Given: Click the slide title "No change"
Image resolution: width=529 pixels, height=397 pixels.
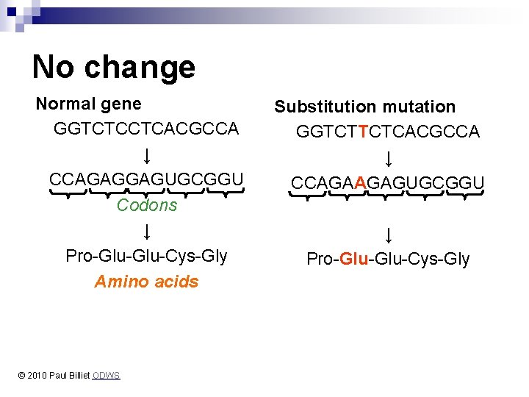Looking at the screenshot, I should coord(113,67).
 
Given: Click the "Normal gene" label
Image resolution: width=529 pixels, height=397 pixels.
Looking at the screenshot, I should coord(89,104).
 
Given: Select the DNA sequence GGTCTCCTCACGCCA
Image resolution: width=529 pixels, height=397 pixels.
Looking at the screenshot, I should coord(146,129).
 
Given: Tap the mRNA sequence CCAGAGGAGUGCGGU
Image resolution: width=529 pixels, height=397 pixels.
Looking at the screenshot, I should coord(146,179).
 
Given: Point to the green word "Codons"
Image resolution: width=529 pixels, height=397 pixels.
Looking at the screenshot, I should coord(147,205).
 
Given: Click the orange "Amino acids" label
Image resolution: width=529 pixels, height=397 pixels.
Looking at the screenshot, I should coord(146,282).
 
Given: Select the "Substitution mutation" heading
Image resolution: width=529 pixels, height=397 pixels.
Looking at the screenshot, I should coord(365,107).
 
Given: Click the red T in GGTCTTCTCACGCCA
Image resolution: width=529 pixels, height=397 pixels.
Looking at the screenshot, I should coord(364,132).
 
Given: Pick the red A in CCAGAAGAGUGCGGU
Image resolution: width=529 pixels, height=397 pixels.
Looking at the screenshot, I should coord(359,182).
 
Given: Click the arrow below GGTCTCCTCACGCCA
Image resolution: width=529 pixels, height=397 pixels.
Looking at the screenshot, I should coord(147,155).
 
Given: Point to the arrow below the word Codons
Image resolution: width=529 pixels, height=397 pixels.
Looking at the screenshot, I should coord(147,232).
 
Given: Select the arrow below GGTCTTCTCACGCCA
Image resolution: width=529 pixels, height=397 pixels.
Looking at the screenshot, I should coord(388,158).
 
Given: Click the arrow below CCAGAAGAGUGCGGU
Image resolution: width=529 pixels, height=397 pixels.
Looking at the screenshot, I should coord(388,235).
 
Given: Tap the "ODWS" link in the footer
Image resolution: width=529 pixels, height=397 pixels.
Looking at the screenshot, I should coord(107,376).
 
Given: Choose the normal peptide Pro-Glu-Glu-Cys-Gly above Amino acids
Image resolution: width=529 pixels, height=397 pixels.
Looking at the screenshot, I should coord(146,256).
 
